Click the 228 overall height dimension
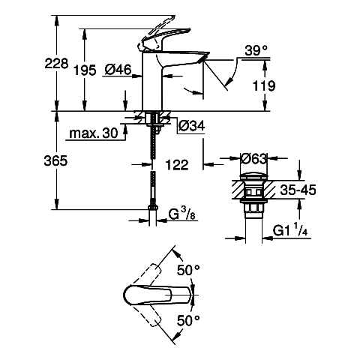click(x=56, y=64)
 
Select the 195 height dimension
click(x=85, y=70)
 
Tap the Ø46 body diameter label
click(x=118, y=69)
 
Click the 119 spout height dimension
click(x=264, y=85)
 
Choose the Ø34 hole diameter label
click(x=191, y=126)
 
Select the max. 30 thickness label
click(x=94, y=133)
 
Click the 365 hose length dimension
click(x=55, y=160)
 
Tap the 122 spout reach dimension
click(x=177, y=165)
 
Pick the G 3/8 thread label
click(x=181, y=214)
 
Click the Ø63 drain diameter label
click(x=253, y=159)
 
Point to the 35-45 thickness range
click(x=298, y=190)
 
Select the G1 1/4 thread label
click(x=290, y=230)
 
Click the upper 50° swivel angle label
click(x=188, y=270)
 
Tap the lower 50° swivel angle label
click(x=188, y=320)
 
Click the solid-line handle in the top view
click(x=158, y=295)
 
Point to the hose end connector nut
click(x=152, y=208)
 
